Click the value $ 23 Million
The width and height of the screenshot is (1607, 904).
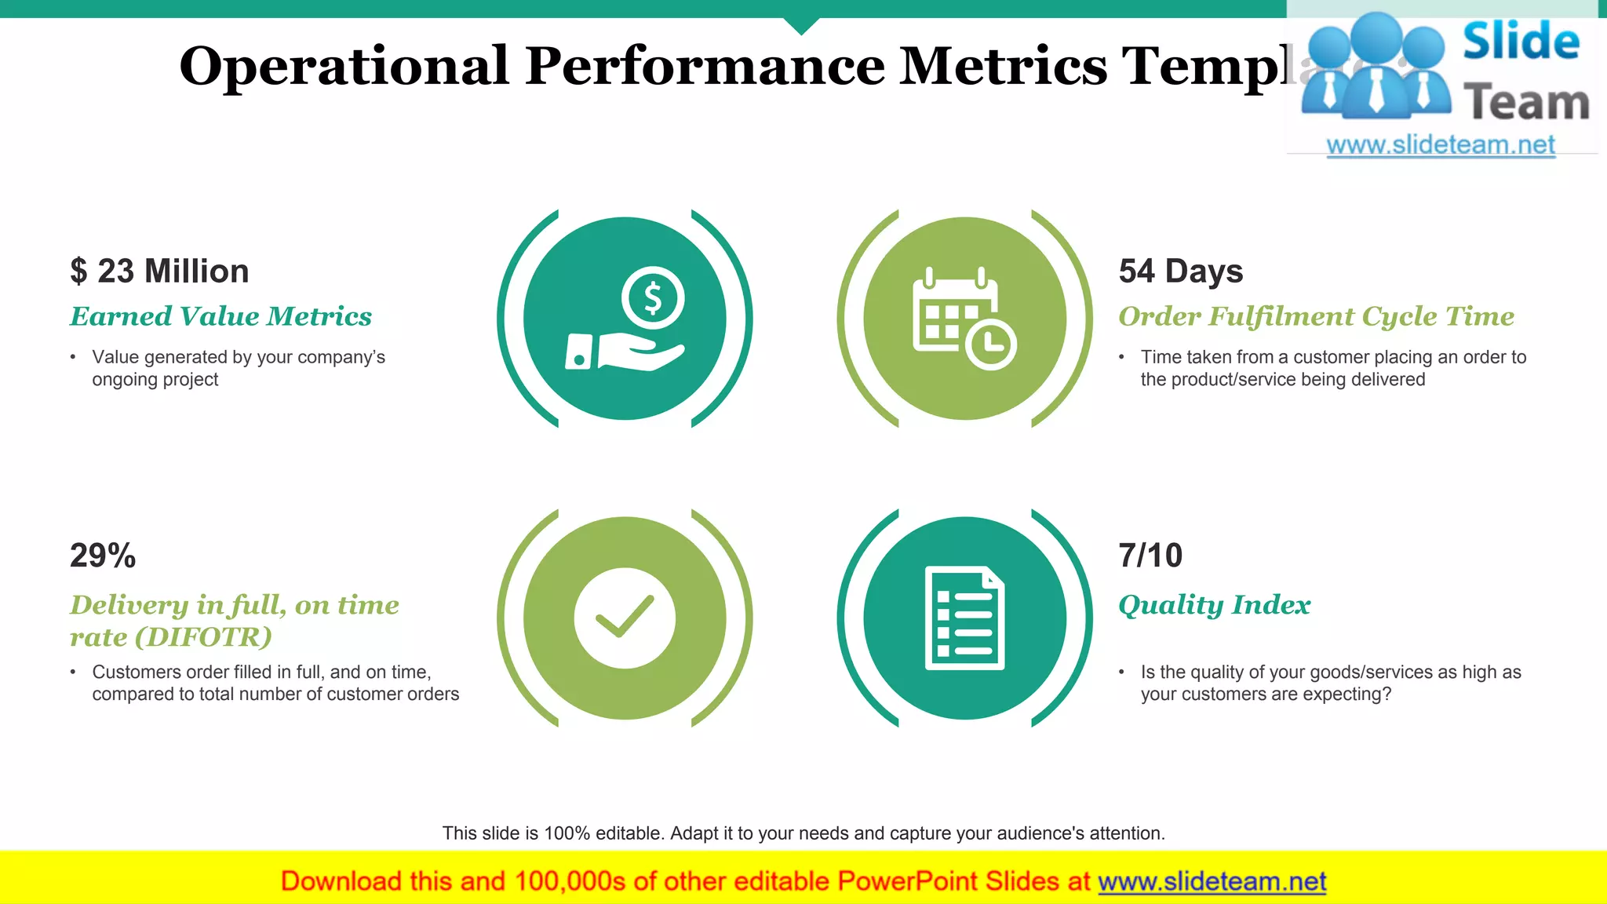(159, 272)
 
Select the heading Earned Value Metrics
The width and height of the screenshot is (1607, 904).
(220, 316)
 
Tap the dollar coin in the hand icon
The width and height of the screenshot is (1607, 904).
(653, 299)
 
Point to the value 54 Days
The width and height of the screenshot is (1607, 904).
(1180, 272)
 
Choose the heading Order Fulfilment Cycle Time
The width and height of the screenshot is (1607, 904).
(1316, 316)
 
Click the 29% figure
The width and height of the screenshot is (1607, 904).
(103, 556)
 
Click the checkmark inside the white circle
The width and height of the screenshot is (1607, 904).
(625, 617)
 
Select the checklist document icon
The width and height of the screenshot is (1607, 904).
(964, 618)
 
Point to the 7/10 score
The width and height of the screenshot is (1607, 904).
(1150, 556)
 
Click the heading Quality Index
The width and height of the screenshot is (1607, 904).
(1214, 605)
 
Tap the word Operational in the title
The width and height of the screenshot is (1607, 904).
(344, 66)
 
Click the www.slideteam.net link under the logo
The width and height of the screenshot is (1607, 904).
(1441, 145)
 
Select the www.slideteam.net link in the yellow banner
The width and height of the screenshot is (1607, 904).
(1212, 882)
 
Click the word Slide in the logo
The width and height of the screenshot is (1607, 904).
(1521, 42)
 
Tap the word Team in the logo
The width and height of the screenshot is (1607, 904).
(1526, 104)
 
